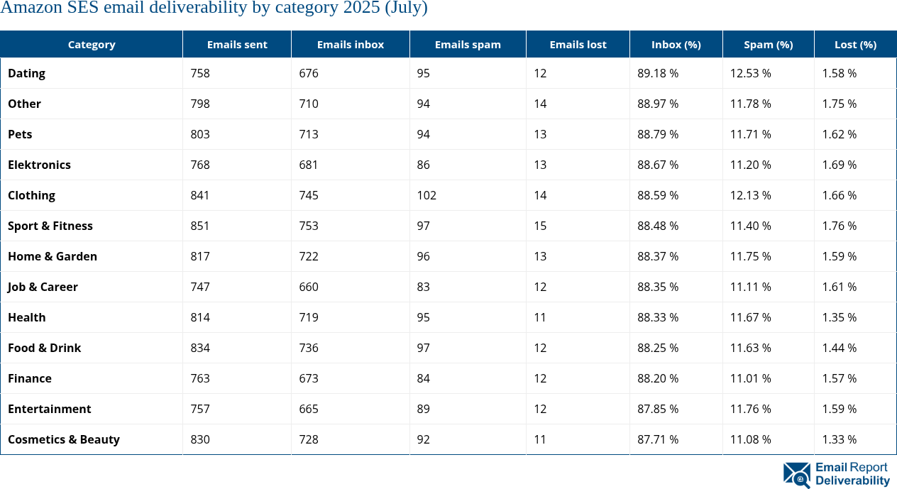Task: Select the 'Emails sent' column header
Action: (x=237, y=44)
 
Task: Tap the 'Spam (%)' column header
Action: (x=768, y=44)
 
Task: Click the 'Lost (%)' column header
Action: (x=855, y=44)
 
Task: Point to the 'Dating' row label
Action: (x=26, y=73)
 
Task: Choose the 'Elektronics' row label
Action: (x=39, y=165)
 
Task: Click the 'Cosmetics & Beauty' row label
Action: (x=63, y=439)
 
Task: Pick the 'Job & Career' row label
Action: (x=43, y=287)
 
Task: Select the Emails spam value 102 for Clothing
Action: (x=427, y=195)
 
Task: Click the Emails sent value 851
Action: (x=200, y=226)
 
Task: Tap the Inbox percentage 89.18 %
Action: (x=657, y=73)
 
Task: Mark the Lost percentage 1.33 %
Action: (x=839, y=439)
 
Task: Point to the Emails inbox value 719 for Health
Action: (x=308, y=317)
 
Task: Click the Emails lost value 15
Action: (x=540, y=226)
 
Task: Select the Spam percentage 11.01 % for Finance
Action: (x=750, y=378)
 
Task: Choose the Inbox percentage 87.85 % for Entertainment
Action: (x=657, y=409)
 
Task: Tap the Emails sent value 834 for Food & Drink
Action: (x=200, y=348)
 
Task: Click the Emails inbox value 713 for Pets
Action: (x=308, y=134)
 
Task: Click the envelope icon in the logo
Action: (x=796, y=475)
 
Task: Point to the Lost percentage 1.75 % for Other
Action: (x=839, y=104)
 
